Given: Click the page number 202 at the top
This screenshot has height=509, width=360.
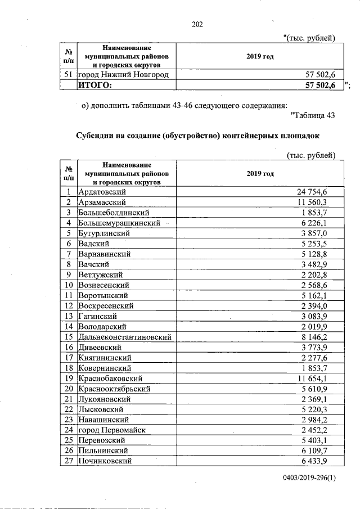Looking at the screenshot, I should coord(197,24).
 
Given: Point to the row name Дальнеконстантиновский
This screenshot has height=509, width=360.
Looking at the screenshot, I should coord(124,337).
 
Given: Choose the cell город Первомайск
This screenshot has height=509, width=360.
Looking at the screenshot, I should coord(111,430).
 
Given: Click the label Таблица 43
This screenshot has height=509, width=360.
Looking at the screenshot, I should coord(314,116).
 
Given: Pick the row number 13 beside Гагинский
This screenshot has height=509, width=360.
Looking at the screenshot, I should coord(69,316).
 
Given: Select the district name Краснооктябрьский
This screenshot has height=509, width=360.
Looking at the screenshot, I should coord(117,389).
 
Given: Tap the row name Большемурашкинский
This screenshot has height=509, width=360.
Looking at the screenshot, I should coord(119,223).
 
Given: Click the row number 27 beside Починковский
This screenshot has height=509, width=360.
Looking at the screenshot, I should coord(69,461).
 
